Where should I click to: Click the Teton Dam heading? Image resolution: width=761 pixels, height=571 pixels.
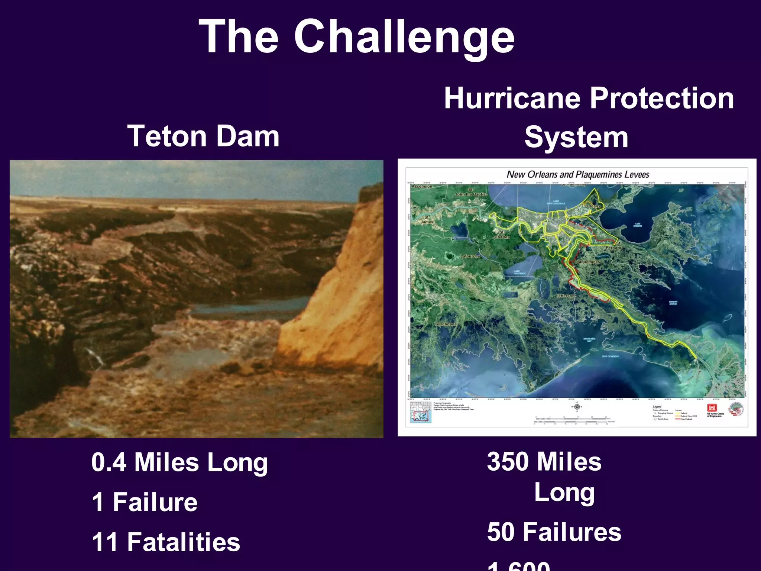coord(203,136)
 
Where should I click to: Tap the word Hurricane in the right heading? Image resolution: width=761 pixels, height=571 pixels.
coord(512,98)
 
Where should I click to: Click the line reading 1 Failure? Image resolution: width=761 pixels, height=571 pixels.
coord(145,502)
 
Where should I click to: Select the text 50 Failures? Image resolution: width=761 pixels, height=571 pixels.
coord(554,532)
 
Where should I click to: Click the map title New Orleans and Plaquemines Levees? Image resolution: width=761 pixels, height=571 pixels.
coord(578,174)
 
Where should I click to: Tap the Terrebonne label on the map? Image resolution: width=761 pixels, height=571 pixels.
coord(446,324)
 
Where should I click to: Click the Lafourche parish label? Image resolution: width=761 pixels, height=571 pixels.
coord(470,256)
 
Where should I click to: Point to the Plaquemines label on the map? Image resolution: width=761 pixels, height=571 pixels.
coord(587,262)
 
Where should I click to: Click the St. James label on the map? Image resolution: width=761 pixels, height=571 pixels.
coord(427,219)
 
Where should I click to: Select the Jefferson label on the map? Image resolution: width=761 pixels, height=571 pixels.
coord(565,296)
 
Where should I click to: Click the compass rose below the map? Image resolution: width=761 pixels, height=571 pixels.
coord(577,407)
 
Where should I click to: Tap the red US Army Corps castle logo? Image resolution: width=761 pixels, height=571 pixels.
coord(712,408)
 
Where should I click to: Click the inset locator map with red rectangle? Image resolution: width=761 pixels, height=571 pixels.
coord(421,412)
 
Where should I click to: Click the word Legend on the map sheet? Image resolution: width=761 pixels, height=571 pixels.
coord(657,407)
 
